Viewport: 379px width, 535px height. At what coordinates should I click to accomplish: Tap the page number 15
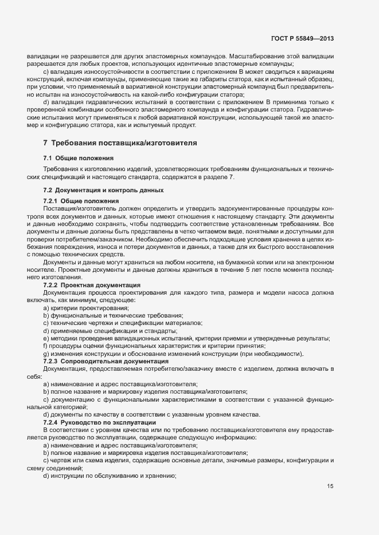coord(330,487)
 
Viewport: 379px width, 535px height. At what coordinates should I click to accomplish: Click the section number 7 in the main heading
coord(45,142)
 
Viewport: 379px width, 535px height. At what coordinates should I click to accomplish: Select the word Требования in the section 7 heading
coord(77,142)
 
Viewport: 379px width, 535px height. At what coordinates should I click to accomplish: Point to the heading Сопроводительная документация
coord(110,362)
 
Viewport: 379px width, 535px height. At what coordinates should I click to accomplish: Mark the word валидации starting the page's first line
coord(40,57)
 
